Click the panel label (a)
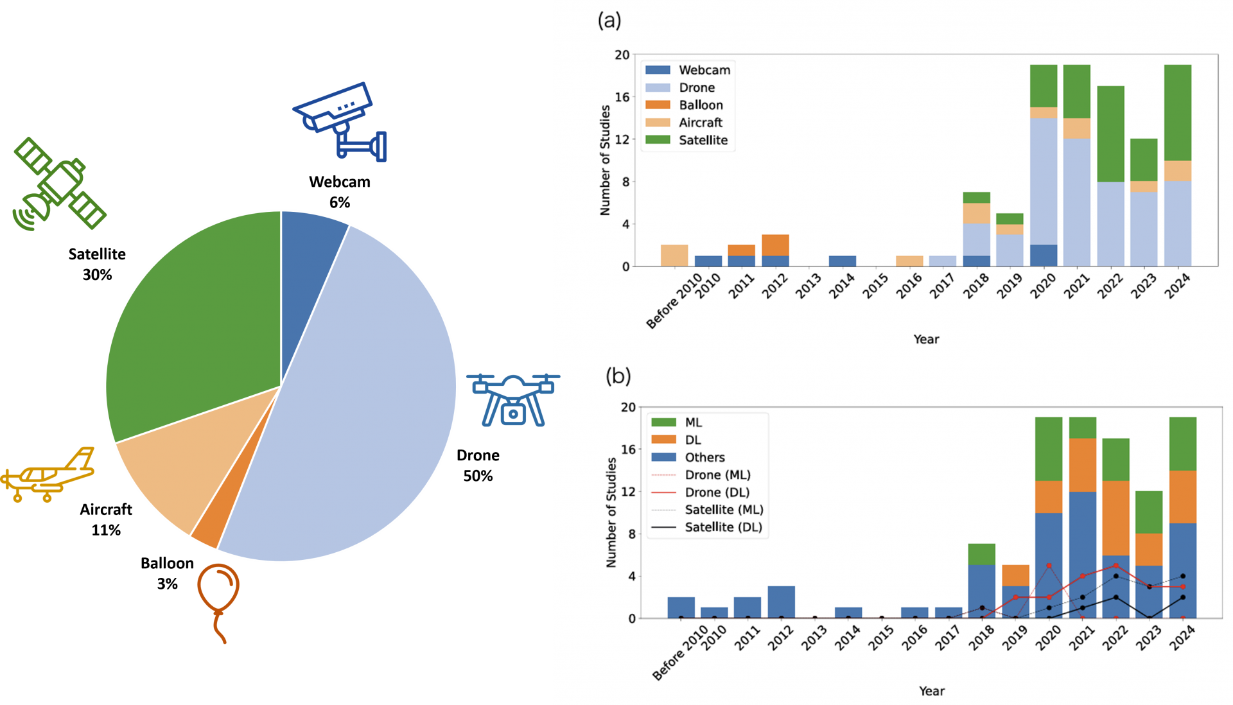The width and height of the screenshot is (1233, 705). tap(609, 21)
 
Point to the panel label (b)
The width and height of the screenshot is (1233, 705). tap(618, 376)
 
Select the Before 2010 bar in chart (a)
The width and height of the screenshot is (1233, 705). tap(674, 256)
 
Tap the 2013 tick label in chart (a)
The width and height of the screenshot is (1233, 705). tap(808, 286)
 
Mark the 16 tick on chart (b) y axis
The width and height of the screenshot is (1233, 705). tap(627, 449)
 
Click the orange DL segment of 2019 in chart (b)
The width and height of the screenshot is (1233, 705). tap(1015, 575)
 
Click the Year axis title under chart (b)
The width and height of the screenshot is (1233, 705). tap(931, 691)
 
